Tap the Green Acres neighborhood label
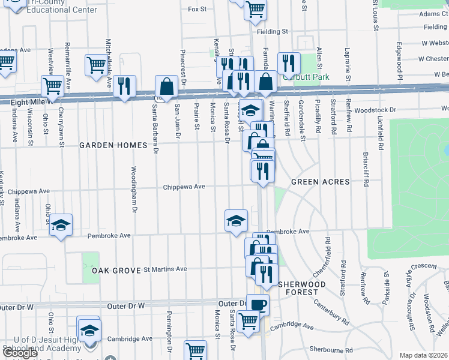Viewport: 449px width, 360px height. [x=320, y=181]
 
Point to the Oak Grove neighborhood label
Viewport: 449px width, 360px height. [x=115, y=271]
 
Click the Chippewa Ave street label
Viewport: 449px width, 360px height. [x=184, y=187]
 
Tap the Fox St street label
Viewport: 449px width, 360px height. [x=197, y=10]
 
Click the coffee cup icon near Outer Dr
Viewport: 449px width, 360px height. [x=258, y=304]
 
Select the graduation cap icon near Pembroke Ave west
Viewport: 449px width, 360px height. [x=61, y=224]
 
